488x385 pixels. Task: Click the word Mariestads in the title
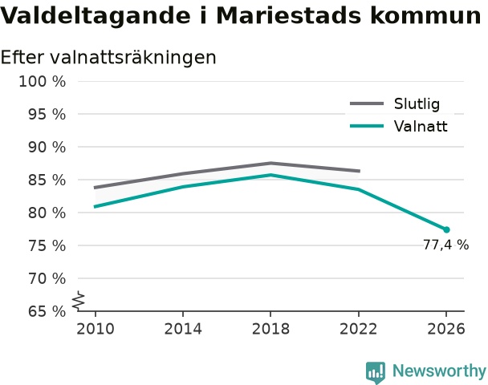pyautogui.click(x=288, y=15)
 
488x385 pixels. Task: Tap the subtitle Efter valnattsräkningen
pyautogui.click(x=108, y=58)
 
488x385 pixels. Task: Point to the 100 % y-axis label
pyautogui.click(x=43, y=82)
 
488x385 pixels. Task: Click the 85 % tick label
pyautogui.click(x=47, y=180)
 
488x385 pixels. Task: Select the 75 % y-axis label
pyautogui.click(x=47, y=246)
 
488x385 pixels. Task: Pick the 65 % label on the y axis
pyautogui.click(x=47, y=311)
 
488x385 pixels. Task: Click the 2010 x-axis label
pyautogui.click(x=96, y=329)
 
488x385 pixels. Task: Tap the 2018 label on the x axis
pyautogui.click(x=270, y=329)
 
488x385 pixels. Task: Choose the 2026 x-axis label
pyautogui.click(x=446, y=329)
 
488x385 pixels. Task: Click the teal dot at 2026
pyautogui.click(x=446, y=230)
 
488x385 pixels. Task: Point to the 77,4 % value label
pyautogui.click(x=445, y=245)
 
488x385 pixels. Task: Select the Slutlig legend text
pyautogui.click(x=417, y=103)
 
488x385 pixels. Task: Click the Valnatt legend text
pyautogui.click(x=421, y=126)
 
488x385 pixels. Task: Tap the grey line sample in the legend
pyautogui.click(x=367, y=103)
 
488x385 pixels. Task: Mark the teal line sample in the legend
pyautogui.click(x=367, y=126)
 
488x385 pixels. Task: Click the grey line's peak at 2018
pyautogui.click(x=270, y=163)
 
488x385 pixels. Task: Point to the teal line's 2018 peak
pyautogui.click(x=270, y=175)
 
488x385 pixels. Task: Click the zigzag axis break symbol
pyautogui.click(x=79, y=301)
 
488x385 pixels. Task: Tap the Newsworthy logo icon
pyautogui.click(x=376, y=372)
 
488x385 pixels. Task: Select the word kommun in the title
pyautogui.click(x=425, y=15)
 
